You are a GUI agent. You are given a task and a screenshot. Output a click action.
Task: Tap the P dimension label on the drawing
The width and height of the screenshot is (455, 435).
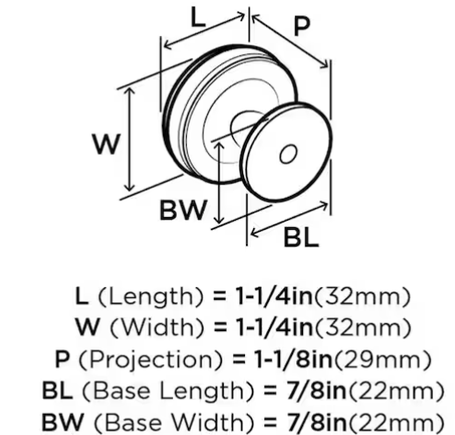[301, 27]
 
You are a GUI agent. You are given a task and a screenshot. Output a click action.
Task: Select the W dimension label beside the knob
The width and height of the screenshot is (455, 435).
[106, 144]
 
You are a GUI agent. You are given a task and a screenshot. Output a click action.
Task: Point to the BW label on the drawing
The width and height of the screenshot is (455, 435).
[182, 211]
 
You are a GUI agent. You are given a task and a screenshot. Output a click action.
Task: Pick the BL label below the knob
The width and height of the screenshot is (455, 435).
[301, 238]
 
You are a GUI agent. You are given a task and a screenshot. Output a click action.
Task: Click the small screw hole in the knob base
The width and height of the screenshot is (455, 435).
[288, 154]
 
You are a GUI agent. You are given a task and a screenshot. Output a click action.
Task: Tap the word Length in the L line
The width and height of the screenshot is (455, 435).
[150, 297]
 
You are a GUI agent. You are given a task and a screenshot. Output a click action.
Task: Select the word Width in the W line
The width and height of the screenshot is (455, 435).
[157, 327]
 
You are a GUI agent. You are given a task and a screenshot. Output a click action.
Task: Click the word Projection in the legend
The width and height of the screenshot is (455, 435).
[150, 360]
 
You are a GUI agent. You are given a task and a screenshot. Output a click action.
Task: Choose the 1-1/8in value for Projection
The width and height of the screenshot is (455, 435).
[294, 359]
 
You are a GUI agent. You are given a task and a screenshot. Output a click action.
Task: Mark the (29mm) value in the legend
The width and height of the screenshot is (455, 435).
[382, 360]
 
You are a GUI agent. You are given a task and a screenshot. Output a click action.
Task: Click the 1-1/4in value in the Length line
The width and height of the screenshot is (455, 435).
[274, 297]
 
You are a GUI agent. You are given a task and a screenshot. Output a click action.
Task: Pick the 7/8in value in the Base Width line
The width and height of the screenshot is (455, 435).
[317, 422]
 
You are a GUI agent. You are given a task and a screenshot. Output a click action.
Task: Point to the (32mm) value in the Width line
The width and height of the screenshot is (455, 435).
[362, 327]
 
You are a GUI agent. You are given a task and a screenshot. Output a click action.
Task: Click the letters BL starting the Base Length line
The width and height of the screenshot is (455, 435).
[57, 391]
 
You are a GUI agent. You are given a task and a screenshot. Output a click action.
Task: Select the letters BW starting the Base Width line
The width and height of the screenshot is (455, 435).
[63, 422]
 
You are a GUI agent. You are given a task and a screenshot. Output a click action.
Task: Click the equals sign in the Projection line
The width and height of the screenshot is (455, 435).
[239, 360]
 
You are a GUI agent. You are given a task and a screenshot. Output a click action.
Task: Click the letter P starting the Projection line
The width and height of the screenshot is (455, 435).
[62, 359]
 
